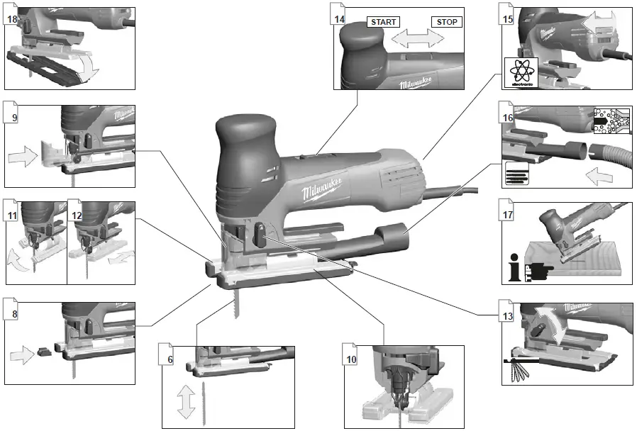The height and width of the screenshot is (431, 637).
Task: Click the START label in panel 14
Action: (x=382, y=22)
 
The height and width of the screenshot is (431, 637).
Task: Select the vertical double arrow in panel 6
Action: (x=187, y=403)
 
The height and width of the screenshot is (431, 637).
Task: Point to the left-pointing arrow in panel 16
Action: (x=599, y=177)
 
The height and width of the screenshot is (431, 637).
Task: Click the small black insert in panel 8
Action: (x=43, y=350)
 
